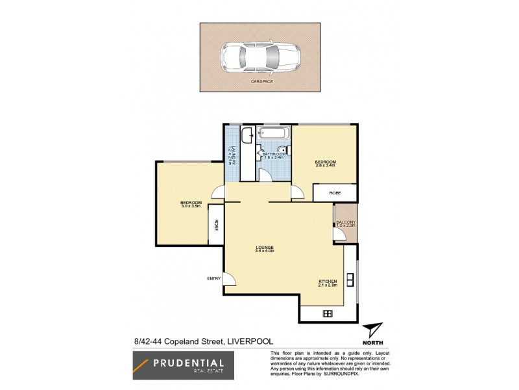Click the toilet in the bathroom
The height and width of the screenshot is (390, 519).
[x=282, y=149]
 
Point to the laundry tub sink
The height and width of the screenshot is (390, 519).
[x=247, y=136]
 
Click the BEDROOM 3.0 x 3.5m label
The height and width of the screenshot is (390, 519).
[x=191, y=205]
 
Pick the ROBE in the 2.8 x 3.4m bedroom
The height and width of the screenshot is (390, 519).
[x=335, y=192]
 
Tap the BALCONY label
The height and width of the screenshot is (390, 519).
[x=345, y=224]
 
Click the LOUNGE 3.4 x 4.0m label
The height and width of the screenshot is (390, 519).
[x=265, y=249]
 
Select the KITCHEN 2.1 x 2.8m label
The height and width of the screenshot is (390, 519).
[x=328, y=283]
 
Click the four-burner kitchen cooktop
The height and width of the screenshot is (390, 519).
[x=328, y=313]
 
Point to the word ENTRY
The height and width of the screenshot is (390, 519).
[x=214, y=278]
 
